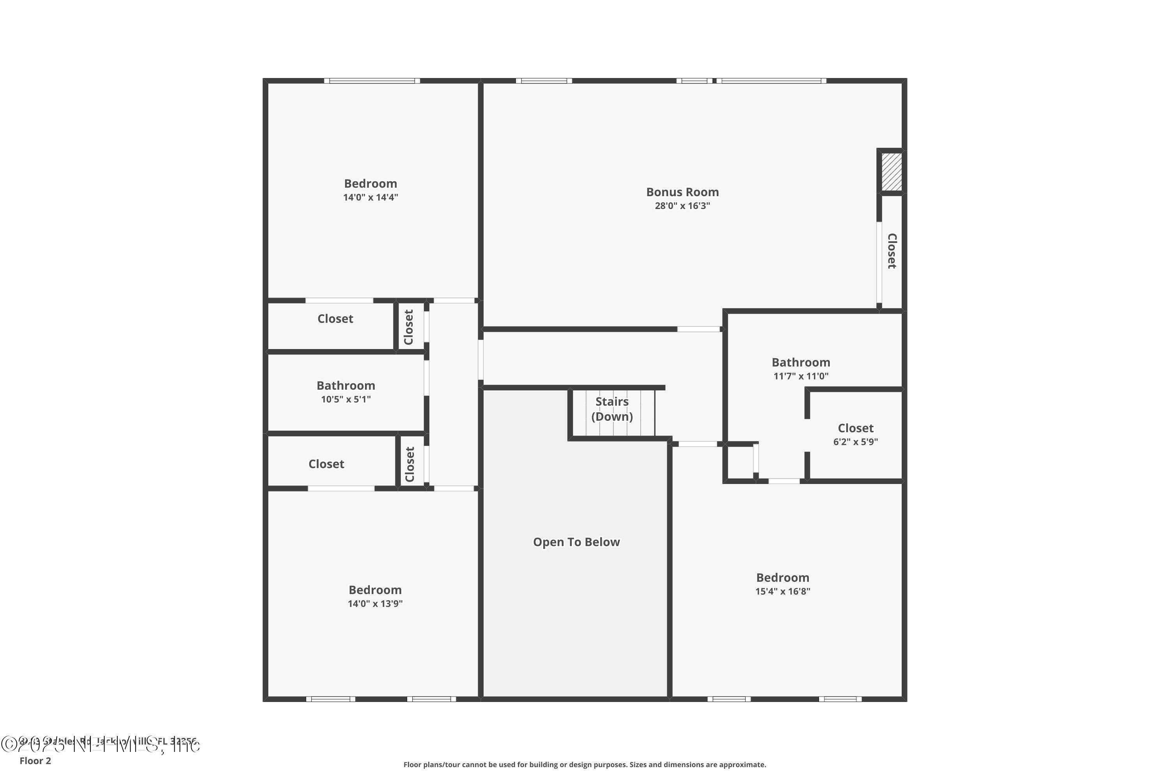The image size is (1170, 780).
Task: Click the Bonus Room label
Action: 682,192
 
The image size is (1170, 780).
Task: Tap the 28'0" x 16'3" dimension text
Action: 682,206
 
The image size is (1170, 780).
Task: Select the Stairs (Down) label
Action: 612,409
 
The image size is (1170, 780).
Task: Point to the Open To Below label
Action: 576,542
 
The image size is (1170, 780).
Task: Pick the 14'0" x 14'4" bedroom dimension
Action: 370,197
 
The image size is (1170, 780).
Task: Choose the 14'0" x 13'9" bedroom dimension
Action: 375,604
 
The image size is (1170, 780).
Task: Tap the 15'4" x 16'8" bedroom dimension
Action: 782,592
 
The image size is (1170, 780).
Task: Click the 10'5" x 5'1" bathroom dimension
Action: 346,399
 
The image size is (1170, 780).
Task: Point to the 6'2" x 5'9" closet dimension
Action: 856,442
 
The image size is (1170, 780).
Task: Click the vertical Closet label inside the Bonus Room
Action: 892,251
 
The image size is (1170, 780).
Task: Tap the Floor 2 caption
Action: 35,760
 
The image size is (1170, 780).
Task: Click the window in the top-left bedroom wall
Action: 372,81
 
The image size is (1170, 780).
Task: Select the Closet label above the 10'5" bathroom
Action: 335,319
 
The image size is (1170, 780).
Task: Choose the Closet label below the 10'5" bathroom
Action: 326,464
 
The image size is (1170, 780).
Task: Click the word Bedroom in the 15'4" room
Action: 782,578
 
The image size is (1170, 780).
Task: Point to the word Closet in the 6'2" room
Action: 856,428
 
